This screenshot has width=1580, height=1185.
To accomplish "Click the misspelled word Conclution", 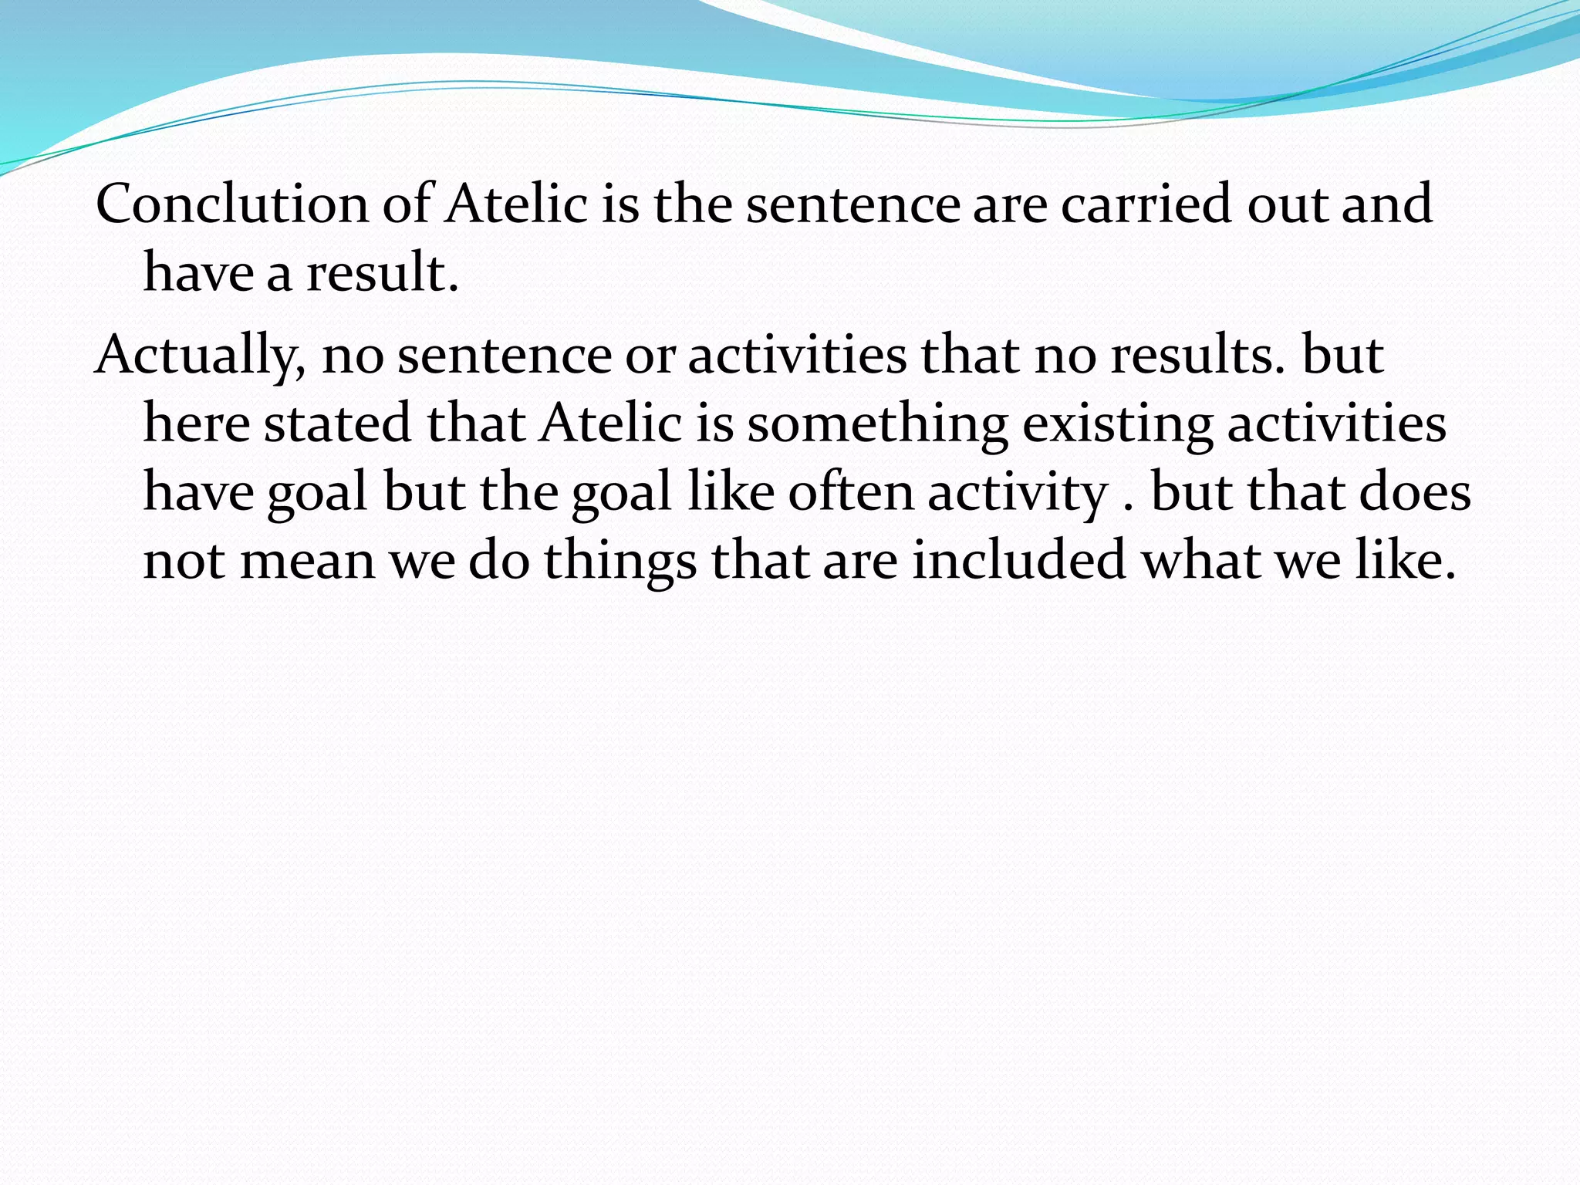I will point(232,204).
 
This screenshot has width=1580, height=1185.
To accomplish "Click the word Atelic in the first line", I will point(516,204).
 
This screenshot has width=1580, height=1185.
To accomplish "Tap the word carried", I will point(1146,204).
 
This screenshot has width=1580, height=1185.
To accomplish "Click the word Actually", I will point(200,356).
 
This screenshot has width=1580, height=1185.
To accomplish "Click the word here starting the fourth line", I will point(196,424).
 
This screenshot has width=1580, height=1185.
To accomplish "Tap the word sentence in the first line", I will point(852,204).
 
